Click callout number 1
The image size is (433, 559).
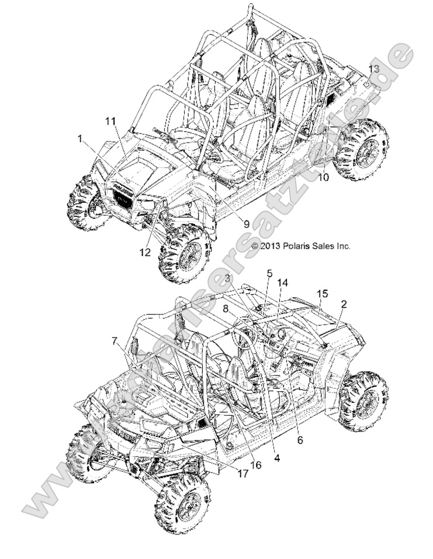tap(79, 139)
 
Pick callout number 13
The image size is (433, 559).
tap(374, 69)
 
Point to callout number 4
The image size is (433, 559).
tap(276, 459)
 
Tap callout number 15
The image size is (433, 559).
tap(323, 293)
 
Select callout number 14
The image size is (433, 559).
tap(283, 282)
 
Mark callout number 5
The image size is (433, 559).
tap(270, 273)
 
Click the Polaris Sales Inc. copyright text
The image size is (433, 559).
tap(300, 246)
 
